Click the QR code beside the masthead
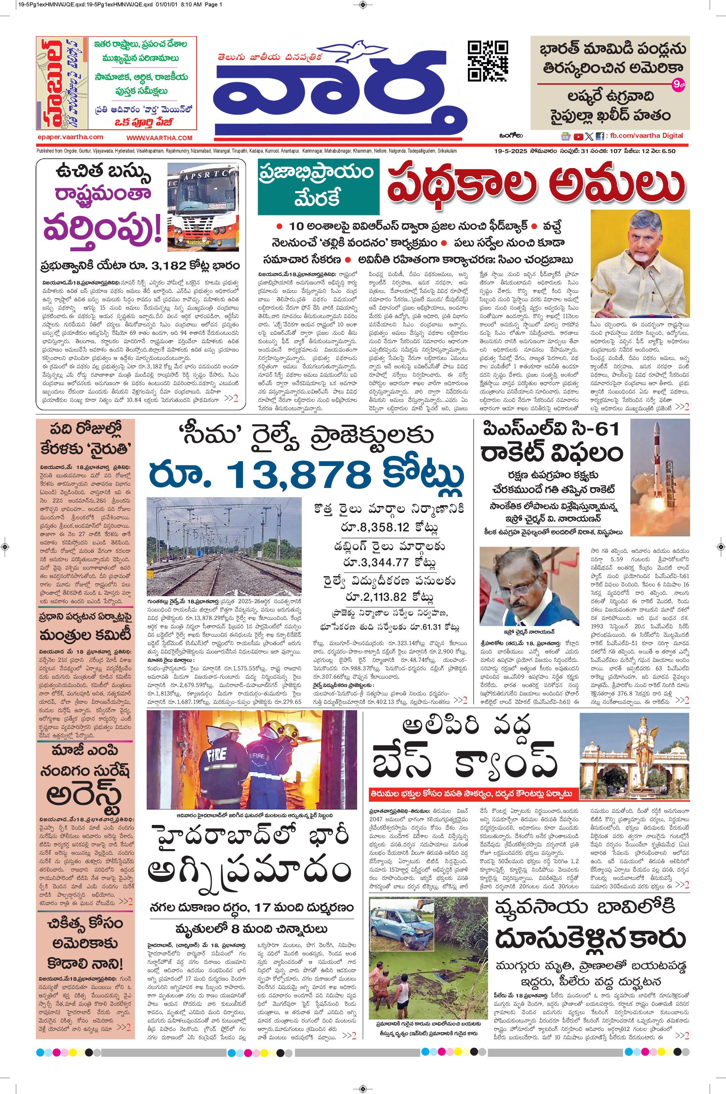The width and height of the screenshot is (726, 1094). (488, 61)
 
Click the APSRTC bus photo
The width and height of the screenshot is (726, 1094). (204, 207)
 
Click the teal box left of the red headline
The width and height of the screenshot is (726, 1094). (318, 187)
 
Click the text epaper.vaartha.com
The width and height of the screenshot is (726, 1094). (70, 137)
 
